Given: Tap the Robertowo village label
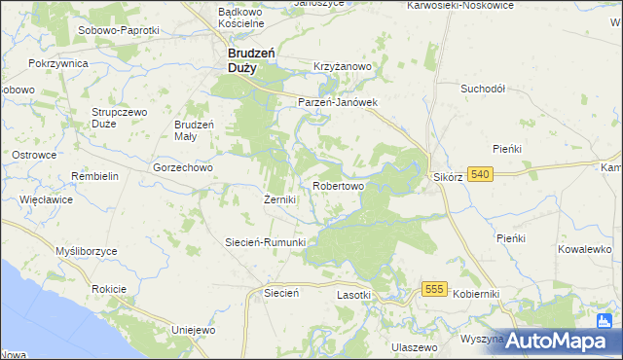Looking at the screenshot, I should click(x=339, y=185).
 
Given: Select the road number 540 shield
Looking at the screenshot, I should click(x=479, y=174).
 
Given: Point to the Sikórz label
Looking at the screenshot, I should click(x=447, y=179).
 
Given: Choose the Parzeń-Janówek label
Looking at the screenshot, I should click(x=337, y=101).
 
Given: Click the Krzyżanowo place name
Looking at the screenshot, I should click(x=343, y=66).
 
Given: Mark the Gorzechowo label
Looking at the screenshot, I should click(x=183, y=167).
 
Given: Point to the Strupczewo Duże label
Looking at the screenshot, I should click(x=120, y=118).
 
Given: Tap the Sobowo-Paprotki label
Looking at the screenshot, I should click(x=117, y=30).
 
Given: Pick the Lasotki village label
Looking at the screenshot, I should click(x=354, y=294).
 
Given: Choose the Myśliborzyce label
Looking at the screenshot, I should click(x=87, y=251).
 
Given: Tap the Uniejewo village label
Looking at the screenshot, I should click(x=192, y=330).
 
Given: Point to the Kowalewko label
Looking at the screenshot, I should click(x=584, y=249).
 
